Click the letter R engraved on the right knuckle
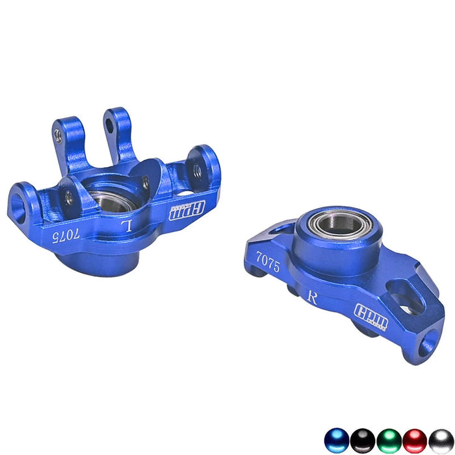[312, 298]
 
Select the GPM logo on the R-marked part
[370, 317]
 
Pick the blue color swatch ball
[337, 441]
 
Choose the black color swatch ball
[363, 441]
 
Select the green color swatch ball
[389, 441]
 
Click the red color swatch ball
[415, 441]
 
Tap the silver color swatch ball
[440, 441]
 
